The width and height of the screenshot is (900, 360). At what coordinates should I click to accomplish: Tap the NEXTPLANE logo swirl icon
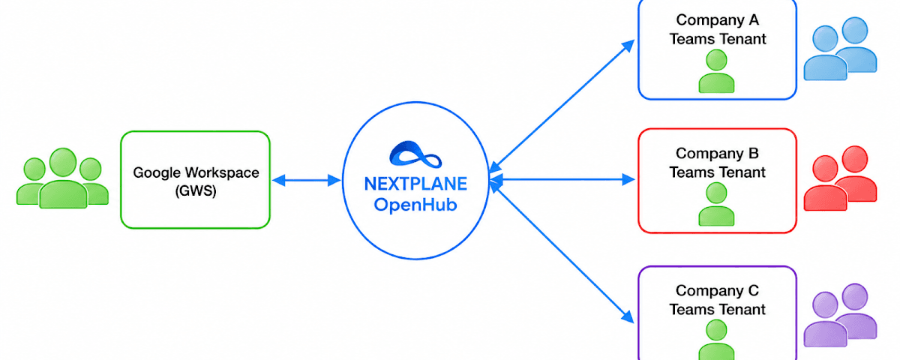[415, 154]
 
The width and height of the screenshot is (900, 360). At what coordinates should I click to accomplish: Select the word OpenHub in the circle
[415, 205]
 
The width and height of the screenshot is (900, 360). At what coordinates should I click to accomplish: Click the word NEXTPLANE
[415, 184]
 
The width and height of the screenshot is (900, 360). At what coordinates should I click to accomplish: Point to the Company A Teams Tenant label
[718, 29]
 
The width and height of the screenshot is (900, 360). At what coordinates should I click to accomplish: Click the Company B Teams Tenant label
[718, 163]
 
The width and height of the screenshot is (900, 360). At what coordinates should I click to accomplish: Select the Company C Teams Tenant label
[718, 300]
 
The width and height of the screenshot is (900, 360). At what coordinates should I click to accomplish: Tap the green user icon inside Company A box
[716, 71]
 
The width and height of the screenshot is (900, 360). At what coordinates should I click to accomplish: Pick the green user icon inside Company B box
[716, 204]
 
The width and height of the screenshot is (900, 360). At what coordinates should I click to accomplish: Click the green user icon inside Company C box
[716, 340]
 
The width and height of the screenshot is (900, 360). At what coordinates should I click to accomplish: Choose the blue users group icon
[840, 49]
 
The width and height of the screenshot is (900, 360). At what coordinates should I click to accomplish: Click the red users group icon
[840, 178]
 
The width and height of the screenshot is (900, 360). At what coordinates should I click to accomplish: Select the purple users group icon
[840, 316]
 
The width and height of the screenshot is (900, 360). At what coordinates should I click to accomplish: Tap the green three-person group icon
[63, 178]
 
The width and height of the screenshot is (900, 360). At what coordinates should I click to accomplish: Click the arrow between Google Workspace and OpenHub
[306, 181]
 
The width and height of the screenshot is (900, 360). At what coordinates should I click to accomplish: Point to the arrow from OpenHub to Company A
[562, 106]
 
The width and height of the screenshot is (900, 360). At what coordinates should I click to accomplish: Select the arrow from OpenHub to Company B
[562, 179]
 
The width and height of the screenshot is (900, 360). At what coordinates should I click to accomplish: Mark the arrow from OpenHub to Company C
[562, 253]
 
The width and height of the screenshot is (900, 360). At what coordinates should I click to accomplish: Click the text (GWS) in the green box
[196, 190]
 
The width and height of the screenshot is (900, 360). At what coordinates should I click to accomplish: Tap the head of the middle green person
[63, 162]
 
